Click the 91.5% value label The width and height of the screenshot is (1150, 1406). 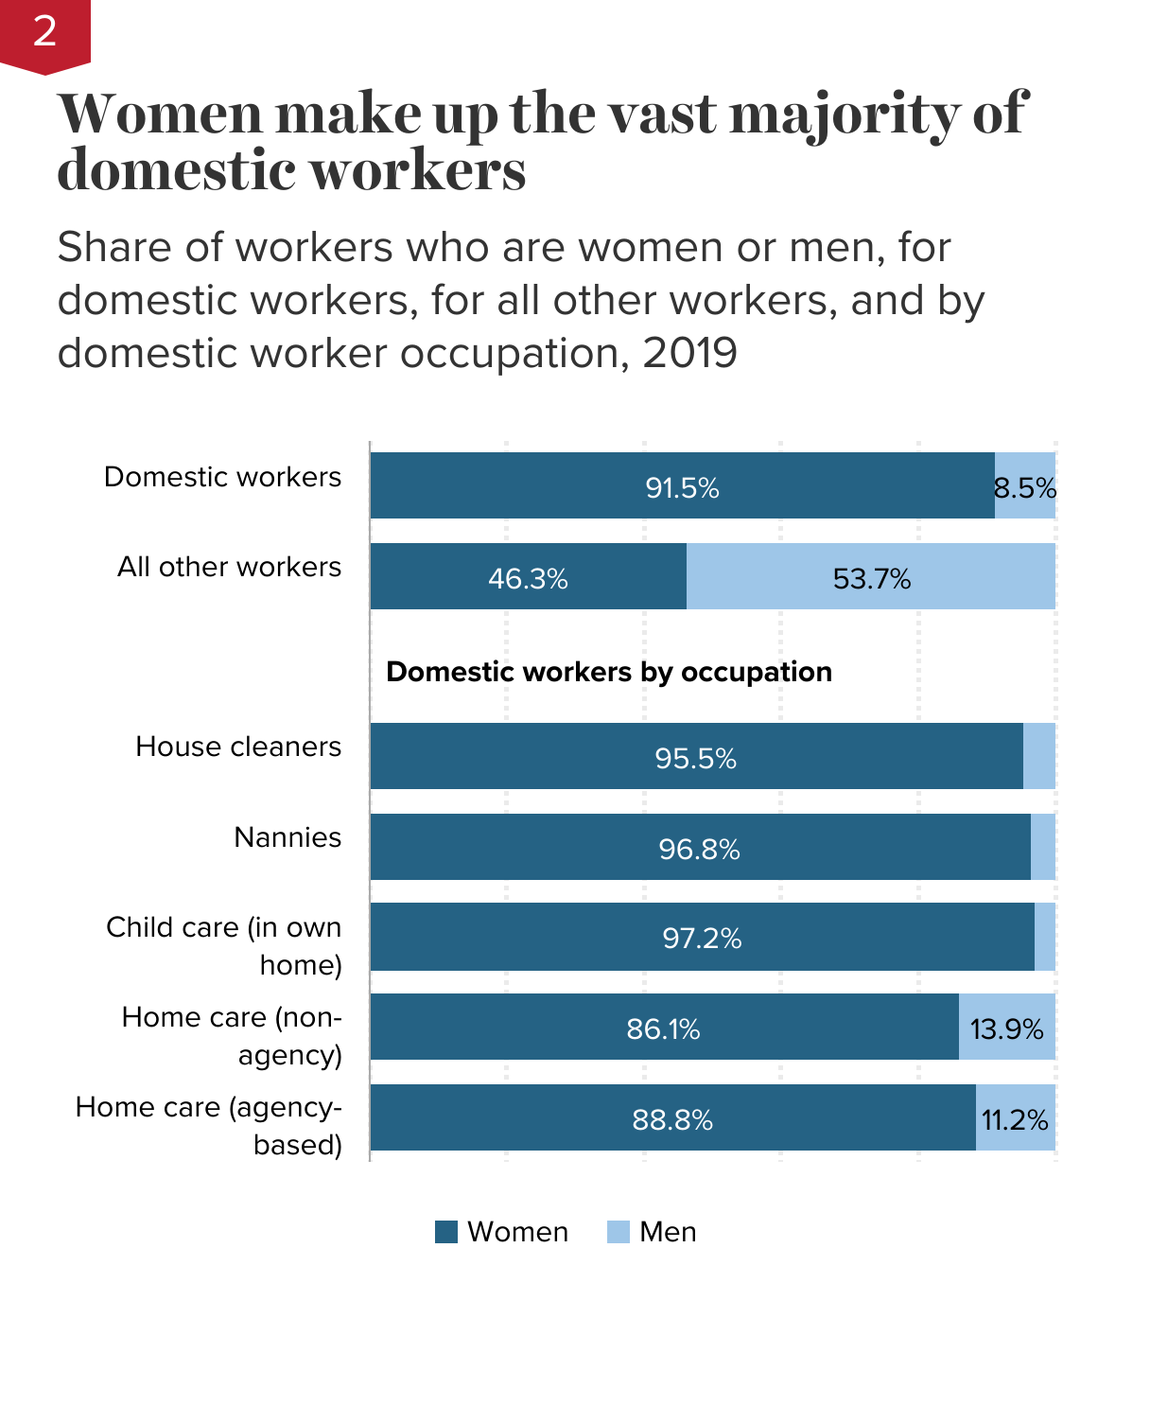pyautogui.click(x=682, y=488)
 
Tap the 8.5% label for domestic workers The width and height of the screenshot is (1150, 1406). pyautogui.click(x=1025, y=488)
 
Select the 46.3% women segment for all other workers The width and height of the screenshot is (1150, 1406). pyautogui.click(x=528, y=578)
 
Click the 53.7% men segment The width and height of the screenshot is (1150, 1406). pyautogui.click(x=871, y=578)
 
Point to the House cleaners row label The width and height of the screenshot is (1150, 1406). pyautogui.click(x=238, y=747)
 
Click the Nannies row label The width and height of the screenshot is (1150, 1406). pyautogui.click(x=287, y=837)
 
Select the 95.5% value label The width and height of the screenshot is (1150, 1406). pyautogui.click(x=695, y=759)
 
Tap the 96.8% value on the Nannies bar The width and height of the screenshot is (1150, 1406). pyautogui.click(x=699, y=850)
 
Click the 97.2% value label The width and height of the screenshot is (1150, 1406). pyautogui.click(x=702, y=939)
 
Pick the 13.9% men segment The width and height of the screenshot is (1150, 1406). pyautogui.click(x=1006, y=1028)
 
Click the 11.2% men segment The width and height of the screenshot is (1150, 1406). pyautogui.click(x=1015, y=1120)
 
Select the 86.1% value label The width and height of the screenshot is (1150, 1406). pyautogui.click(x=663, y=1028)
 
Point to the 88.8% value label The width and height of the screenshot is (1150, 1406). pyautogui.click(x=672, y=1120)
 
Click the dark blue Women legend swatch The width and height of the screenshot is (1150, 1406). pyautogui.click(x=446, y=1232)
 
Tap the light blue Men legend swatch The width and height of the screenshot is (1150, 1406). pyautogui.click(x=619, y=1232)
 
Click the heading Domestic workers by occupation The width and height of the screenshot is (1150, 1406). pyautogui.click(x=609, y=672)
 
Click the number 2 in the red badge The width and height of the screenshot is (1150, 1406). pyautogui.click(x=44, y=32)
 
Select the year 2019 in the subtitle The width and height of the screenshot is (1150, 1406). pyautogui.click(x=689, y=354)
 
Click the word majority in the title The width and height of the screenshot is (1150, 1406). pyautogui.click(x=845, y=115)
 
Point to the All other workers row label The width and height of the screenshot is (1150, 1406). pyautogui.click(x=229, y=567)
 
